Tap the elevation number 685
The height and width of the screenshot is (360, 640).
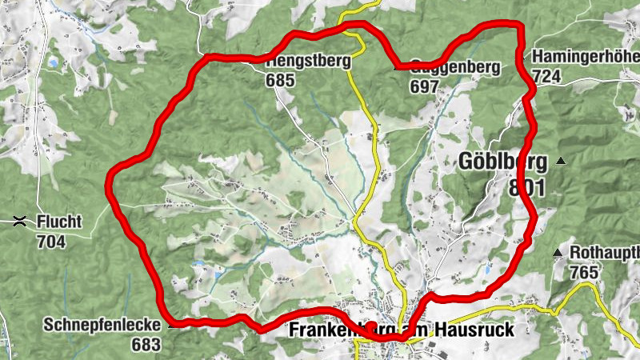282,81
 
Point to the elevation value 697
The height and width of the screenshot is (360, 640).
424,86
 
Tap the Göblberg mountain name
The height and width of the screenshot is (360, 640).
503,162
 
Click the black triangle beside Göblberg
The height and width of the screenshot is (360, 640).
560,162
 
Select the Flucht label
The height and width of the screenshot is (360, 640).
58,220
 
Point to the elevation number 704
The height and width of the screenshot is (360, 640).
50,238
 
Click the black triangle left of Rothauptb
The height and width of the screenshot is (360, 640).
557,254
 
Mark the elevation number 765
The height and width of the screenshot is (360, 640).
584,272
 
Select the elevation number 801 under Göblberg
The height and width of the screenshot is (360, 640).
526,188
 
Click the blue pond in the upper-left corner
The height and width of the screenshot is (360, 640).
54,61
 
